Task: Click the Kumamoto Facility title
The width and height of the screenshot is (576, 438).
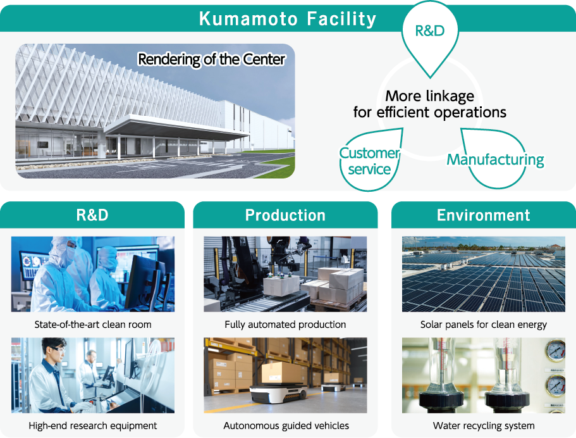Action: click(x=288, y=19)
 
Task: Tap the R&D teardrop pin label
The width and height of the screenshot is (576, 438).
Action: click(x=430, y=31)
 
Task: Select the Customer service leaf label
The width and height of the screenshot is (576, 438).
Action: click(x=369, y=161)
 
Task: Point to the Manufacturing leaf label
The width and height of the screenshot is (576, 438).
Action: click(x=495, y=160)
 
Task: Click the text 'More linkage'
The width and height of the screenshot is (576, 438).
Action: click(x=430, y=96)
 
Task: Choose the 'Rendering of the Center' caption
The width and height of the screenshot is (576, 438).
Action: click(x=211, y=59)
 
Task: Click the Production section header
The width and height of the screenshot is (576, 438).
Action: click(x=285, y=215)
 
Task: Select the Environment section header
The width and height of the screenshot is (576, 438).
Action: click(x=484, y=215)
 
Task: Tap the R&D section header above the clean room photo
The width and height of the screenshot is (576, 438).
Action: click(x=92, y=215)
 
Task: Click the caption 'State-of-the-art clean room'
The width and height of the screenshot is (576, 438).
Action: click(x=93, y=324)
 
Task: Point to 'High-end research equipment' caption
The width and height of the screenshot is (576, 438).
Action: click(x=93, y=425)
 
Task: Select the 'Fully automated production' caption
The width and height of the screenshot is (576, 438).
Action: click(x=285, y=324)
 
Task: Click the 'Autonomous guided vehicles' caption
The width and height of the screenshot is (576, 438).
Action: click(x=286, y=425)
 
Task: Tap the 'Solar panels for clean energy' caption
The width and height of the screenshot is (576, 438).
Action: click(x=484, y=324)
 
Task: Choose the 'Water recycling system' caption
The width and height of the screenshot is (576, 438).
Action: click(x=484, y=425)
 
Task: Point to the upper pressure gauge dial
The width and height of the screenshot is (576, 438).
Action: click(x=555, y=351)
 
